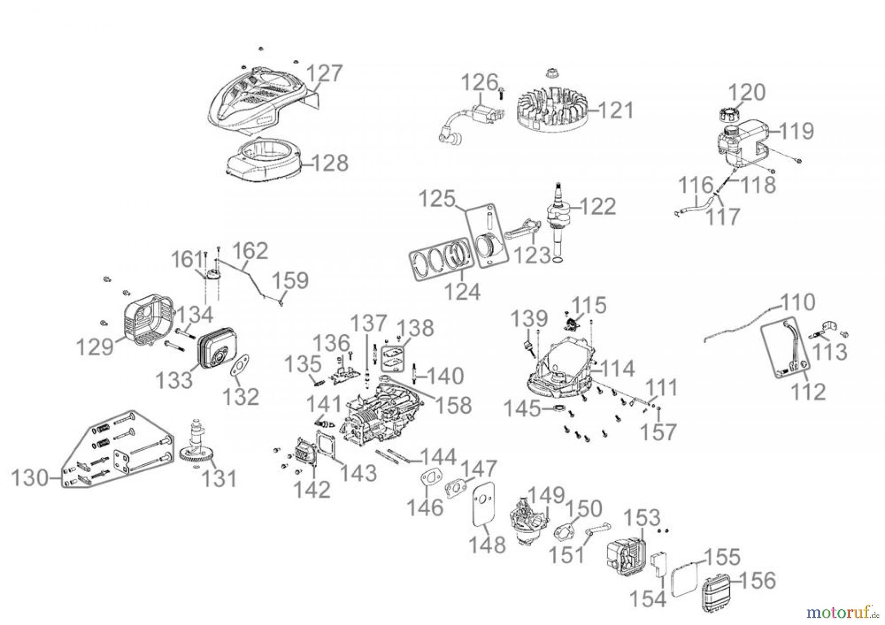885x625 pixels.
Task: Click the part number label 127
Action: click(x=324, y=74)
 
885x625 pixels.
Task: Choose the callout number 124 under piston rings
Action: click(x=463, y=291)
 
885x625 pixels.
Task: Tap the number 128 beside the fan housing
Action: click(x=330, y=163)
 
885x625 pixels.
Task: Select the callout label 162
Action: click(x=250, y=251)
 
